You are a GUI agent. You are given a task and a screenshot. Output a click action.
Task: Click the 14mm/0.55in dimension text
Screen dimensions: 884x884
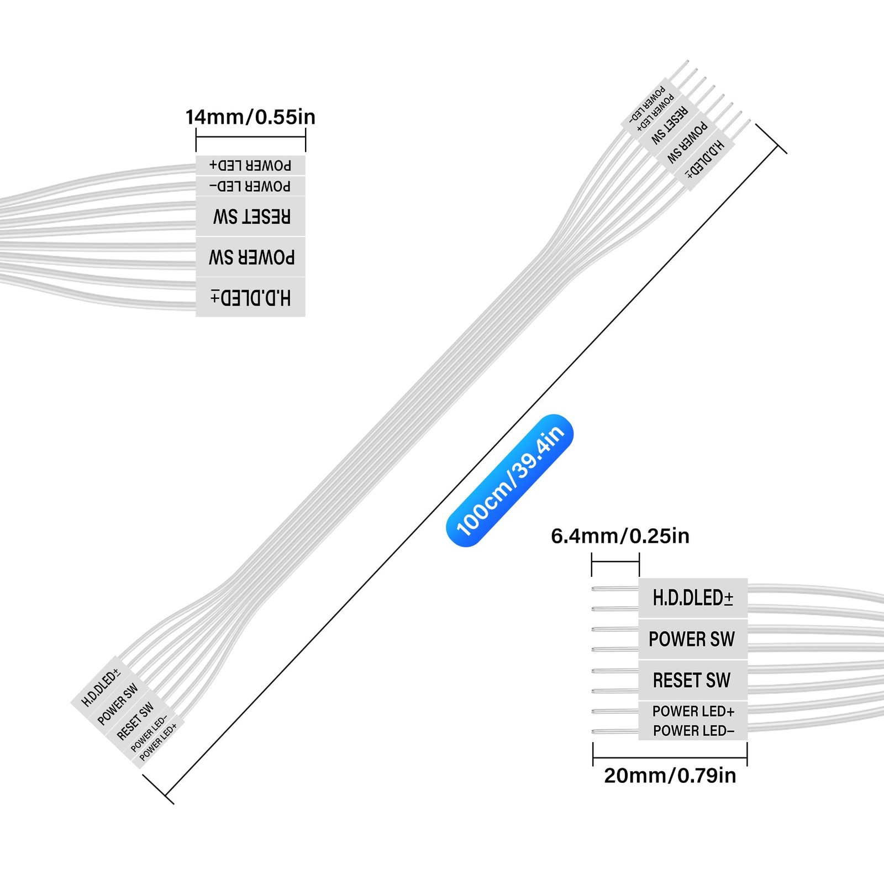(250, 117)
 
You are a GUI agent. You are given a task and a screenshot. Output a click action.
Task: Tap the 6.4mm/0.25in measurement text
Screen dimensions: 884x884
(620, 536)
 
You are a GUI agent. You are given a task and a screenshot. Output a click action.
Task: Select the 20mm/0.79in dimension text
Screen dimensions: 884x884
(670, 776)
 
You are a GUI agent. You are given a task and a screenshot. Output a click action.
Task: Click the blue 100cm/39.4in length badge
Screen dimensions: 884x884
(510, 480)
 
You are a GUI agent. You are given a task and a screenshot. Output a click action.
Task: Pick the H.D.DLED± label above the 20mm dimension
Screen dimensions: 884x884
(693, 598)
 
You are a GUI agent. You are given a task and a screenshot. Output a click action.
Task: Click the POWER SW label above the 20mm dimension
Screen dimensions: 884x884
(692, 639)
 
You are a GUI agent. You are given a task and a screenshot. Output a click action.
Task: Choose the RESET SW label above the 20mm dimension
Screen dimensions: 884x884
(692, 680)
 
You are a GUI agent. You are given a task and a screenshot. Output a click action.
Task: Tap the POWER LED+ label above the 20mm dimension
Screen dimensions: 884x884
(693, 711)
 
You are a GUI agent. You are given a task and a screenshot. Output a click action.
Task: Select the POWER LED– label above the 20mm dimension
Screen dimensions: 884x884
(693, 730)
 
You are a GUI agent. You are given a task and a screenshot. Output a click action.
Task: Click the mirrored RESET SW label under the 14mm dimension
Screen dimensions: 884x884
(251, 217)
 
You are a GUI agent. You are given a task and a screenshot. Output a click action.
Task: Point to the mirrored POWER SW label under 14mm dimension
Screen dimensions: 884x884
(251, 257)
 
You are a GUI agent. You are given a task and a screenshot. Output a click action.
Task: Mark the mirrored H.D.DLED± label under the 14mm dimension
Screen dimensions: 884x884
(251, 298)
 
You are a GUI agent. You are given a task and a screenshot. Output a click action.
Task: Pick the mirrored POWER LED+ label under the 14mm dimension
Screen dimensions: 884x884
(250, 165)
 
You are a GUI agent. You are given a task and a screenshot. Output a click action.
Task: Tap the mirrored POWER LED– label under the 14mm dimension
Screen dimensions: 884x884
(250, 186)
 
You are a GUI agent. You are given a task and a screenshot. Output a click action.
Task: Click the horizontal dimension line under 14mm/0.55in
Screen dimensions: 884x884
(251, 137)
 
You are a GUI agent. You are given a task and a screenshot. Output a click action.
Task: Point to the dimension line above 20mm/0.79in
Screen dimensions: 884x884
(670, 757)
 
